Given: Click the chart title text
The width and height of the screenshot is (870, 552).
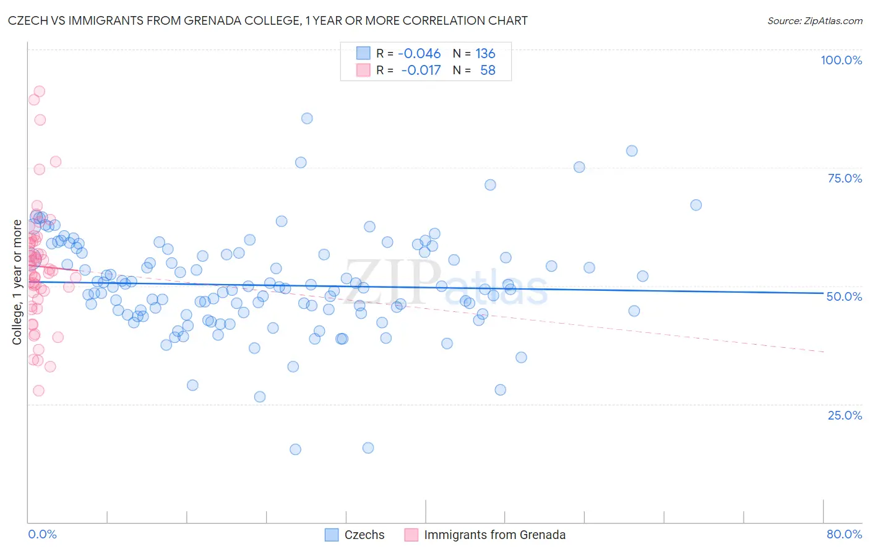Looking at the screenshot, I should tap(267, 20).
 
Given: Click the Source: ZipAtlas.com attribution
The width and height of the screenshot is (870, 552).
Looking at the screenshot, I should tap(814, 21).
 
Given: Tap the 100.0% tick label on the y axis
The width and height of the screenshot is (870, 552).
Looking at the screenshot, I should tap(841, 60).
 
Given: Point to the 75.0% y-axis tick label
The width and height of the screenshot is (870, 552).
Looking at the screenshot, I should tap(845, 178).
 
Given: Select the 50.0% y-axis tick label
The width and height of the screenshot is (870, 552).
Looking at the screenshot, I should tap(844, 296).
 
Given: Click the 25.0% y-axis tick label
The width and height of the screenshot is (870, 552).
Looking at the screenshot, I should tap(845, 415).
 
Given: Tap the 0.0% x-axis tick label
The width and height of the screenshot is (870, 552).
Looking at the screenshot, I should tap(42, 534).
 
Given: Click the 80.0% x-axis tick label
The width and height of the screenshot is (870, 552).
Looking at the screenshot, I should tap(844, 534).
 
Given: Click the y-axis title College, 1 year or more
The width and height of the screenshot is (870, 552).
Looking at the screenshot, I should tap(17, 282).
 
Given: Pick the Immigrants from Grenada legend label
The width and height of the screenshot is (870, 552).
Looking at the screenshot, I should tap(494, 535).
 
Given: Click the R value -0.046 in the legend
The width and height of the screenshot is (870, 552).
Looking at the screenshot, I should tap(419, 53).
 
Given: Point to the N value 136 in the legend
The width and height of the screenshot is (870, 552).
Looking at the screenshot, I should tap(485, 53).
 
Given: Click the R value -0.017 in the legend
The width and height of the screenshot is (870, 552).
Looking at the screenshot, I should tap(421, 70).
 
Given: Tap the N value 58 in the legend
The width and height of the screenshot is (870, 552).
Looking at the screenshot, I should tap(488, 70).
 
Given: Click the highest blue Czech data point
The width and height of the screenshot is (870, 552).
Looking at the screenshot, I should tap(307, 118).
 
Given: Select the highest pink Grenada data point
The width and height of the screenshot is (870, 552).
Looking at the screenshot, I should tap(39, 91).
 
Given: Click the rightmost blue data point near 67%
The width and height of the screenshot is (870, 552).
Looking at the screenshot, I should tap(696, 205).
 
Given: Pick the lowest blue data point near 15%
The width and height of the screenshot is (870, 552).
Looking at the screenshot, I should tap(295, 449).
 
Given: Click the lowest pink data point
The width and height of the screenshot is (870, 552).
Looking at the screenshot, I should tap(38, 390).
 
